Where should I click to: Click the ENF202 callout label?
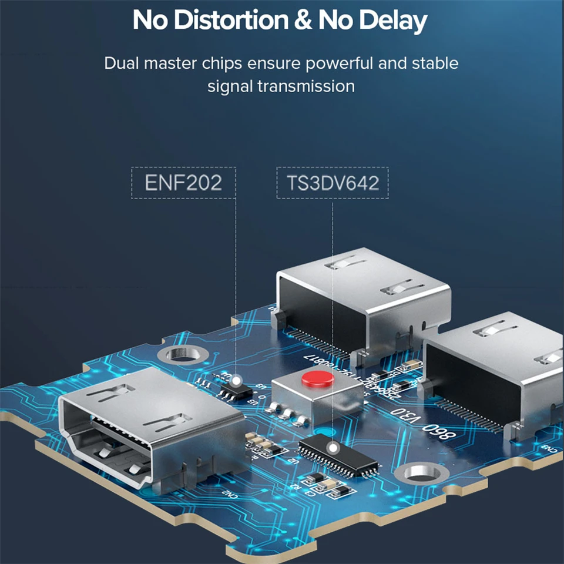(183, 183)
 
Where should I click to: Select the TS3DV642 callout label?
(333, 183)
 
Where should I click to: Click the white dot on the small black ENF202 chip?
(236, 381)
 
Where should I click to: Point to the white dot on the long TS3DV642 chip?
(333, 448)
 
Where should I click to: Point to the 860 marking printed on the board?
(439, 434)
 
